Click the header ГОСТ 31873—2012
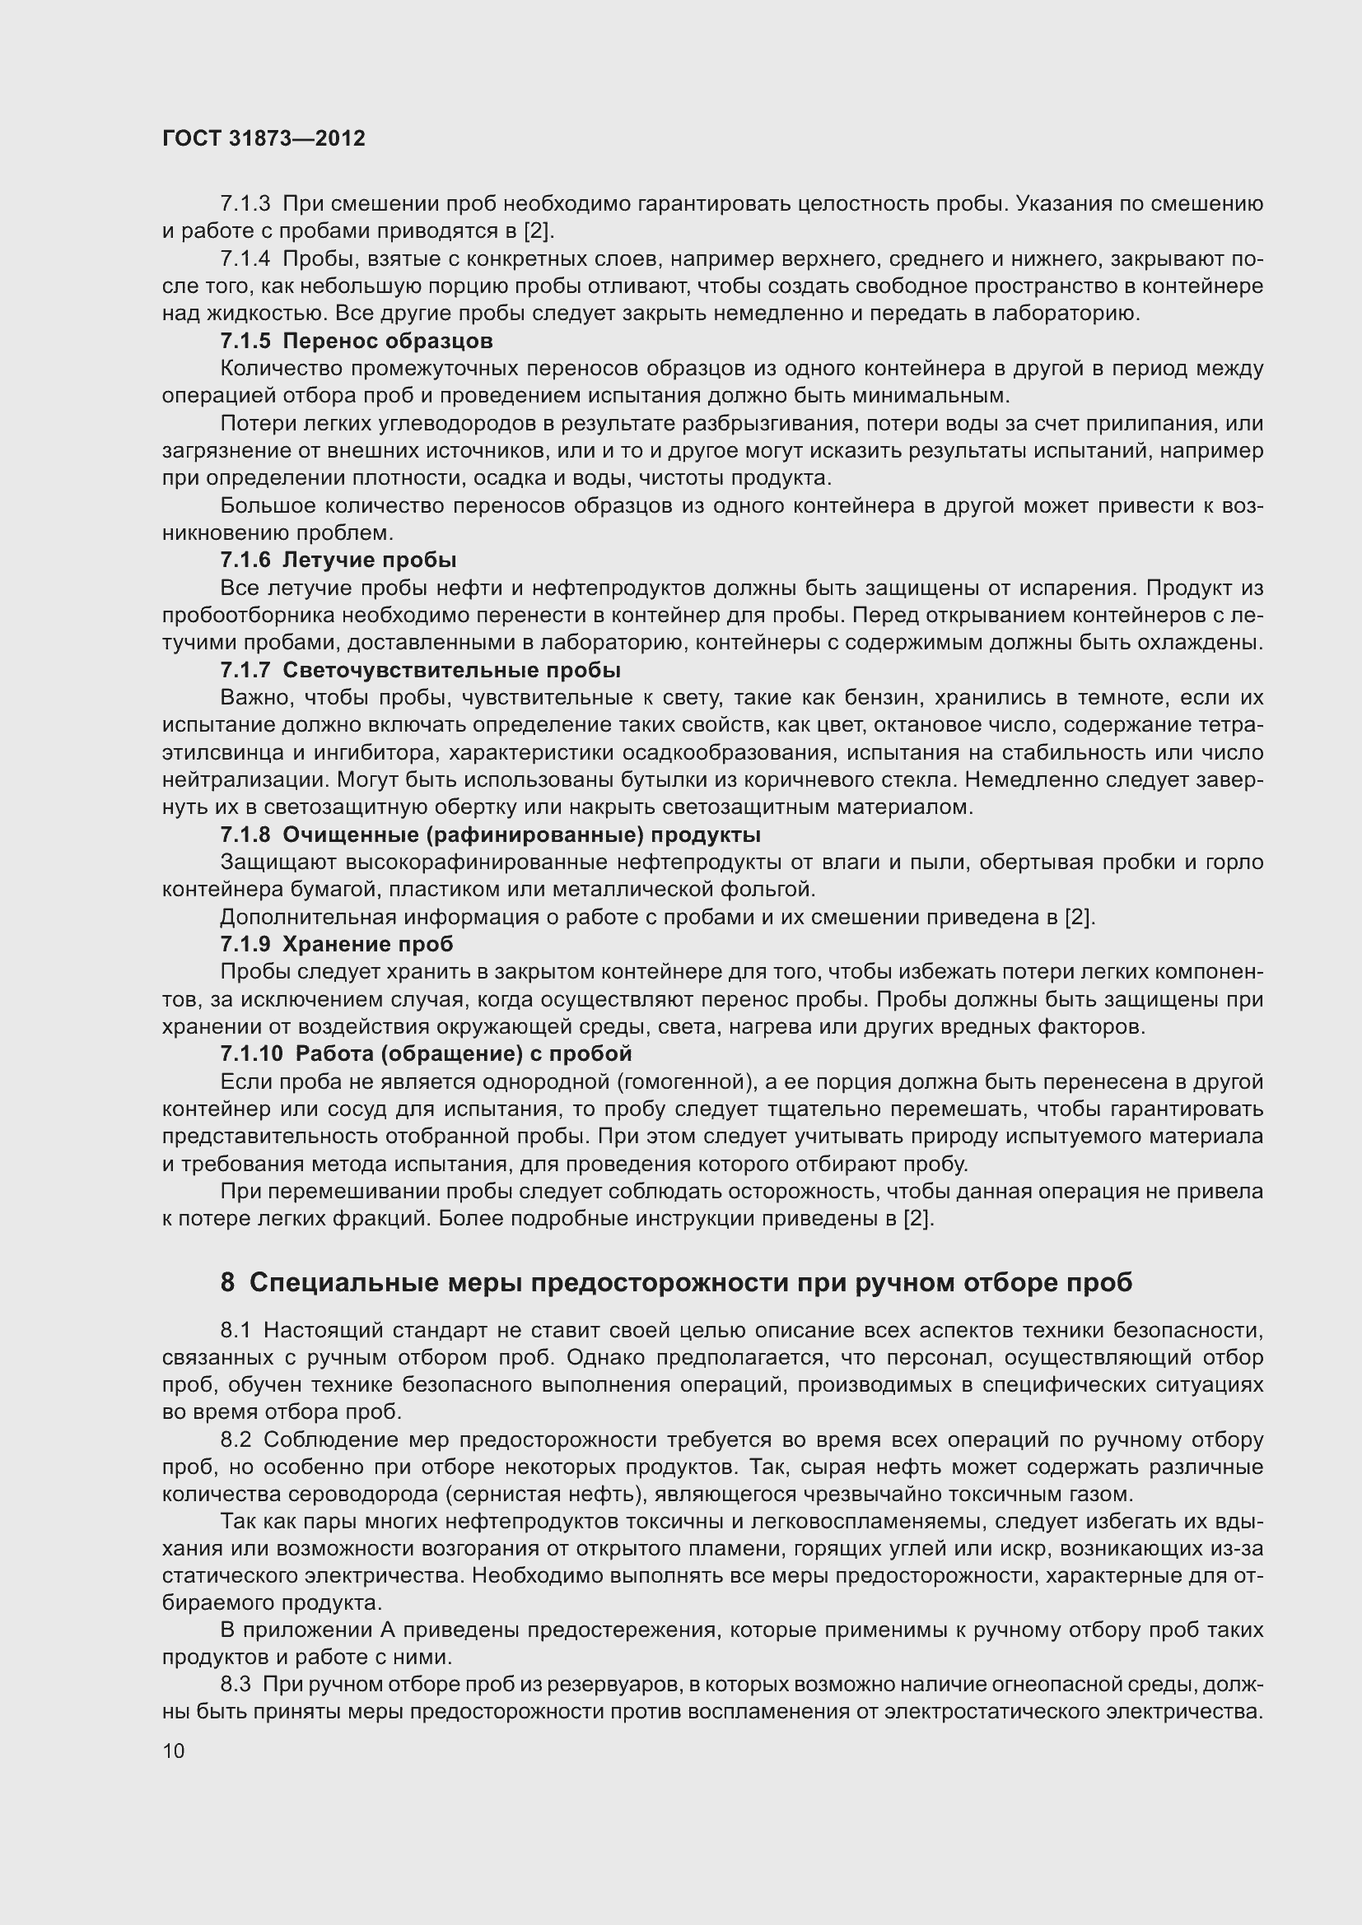click(x=264, y=139)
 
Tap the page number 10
click(x=174, y=1751)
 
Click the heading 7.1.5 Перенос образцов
click(x=357, y=342)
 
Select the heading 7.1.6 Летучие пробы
click(x=338, y=560)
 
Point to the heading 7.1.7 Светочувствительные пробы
click(x=420, y=671)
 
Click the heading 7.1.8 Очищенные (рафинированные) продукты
click(x=491, y=835)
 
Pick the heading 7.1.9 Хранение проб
click(x=336, y=944)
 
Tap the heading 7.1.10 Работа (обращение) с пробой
click(x=426, y=1054)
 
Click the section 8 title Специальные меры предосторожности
click(x=676, y=1283)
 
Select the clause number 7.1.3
click(x=245, y=204)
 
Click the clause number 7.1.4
click(x=245, y=259)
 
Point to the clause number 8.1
click(x=236, y=1331)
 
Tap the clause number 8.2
click(x=236, y=1440)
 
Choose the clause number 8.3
click(x=236, y=1685)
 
